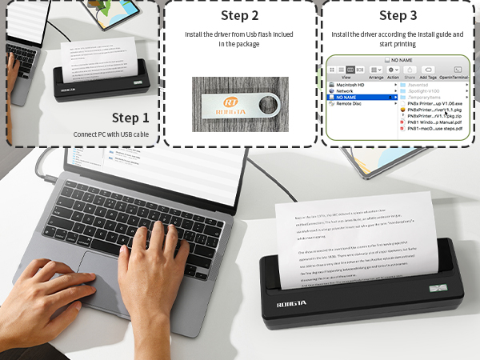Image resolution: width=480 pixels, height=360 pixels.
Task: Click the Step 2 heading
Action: pos(238,15)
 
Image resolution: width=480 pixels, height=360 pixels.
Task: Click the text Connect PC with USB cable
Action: pos(112,134)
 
